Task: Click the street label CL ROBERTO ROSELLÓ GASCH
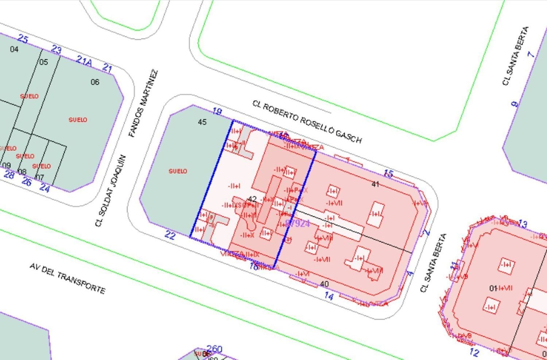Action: click(307, 122)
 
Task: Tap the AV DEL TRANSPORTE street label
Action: click(67, 278)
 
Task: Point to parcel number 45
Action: click(202, 122)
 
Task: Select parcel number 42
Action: click(252, 199)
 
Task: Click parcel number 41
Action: click(375, 184)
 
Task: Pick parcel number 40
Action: click(324, 284)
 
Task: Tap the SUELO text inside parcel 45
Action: click(178, 171)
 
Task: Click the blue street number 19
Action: click(217, 111)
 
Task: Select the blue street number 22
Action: click(170, 235)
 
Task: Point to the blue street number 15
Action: click(388, 173)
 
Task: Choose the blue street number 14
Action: click(329, 296)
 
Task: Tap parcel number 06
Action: click(95, 82)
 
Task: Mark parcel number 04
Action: click(14, 49)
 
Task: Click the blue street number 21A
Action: click(84, 61)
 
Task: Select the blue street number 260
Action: click(214, 349)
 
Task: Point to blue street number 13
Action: click(522, 224)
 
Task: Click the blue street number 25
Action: click(23, 39)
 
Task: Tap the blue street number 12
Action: click(474, 352)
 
